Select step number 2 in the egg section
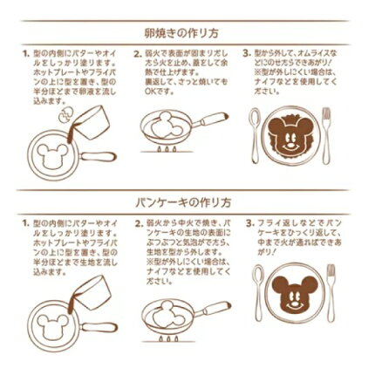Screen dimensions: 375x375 138,52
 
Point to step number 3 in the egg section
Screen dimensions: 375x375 249,52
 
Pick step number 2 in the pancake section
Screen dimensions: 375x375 138,223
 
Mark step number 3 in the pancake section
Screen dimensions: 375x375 249,223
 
